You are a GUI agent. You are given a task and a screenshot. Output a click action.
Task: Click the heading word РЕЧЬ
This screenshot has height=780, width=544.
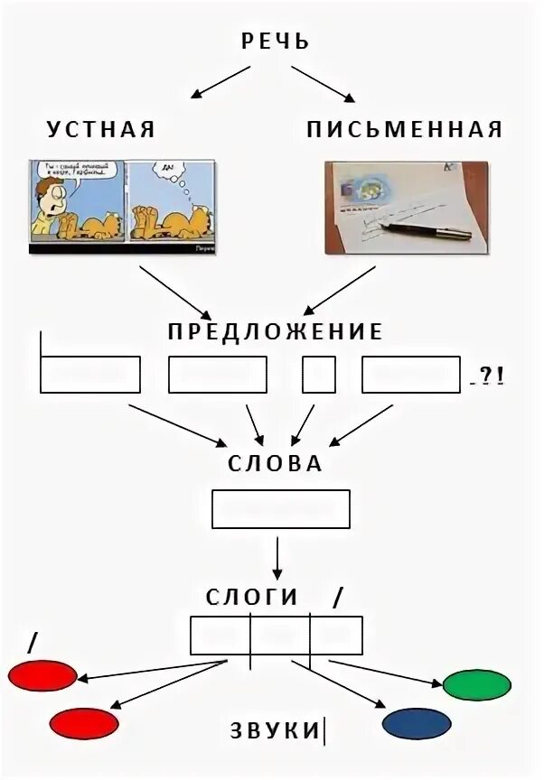pyautogui.click(x=276, y=42)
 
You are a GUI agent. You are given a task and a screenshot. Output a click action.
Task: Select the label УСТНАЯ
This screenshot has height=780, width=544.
pyautogui.click(x=101, y=129)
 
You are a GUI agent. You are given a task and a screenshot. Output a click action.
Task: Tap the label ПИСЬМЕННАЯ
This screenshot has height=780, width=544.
pyautogui.click(x=404, y=129)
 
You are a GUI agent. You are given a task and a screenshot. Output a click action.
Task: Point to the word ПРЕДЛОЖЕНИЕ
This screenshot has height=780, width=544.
pyautogui.click(x=276, y=332)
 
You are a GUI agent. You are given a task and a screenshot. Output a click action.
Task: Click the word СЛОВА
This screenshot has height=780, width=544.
pyautogui.click(x=276, y=464)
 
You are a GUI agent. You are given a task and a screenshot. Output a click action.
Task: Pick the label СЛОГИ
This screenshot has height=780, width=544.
pyautogui.click(x=252, y=597)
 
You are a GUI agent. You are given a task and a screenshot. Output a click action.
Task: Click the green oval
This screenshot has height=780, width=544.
pyautogui.click(x=477, y=685)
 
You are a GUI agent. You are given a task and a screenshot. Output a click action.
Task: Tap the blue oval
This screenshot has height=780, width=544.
pyautogui.click(x=417, y=723)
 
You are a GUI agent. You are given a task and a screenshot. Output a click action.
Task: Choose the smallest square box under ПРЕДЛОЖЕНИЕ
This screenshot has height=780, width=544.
pyautogui.click(x=319, y=375)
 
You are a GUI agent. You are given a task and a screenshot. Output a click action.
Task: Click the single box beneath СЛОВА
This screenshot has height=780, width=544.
pyautogui.click(x=280, y=508)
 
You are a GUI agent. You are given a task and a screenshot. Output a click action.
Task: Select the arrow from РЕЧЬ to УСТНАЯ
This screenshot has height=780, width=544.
pyautogui.click(x=217, y=82)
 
